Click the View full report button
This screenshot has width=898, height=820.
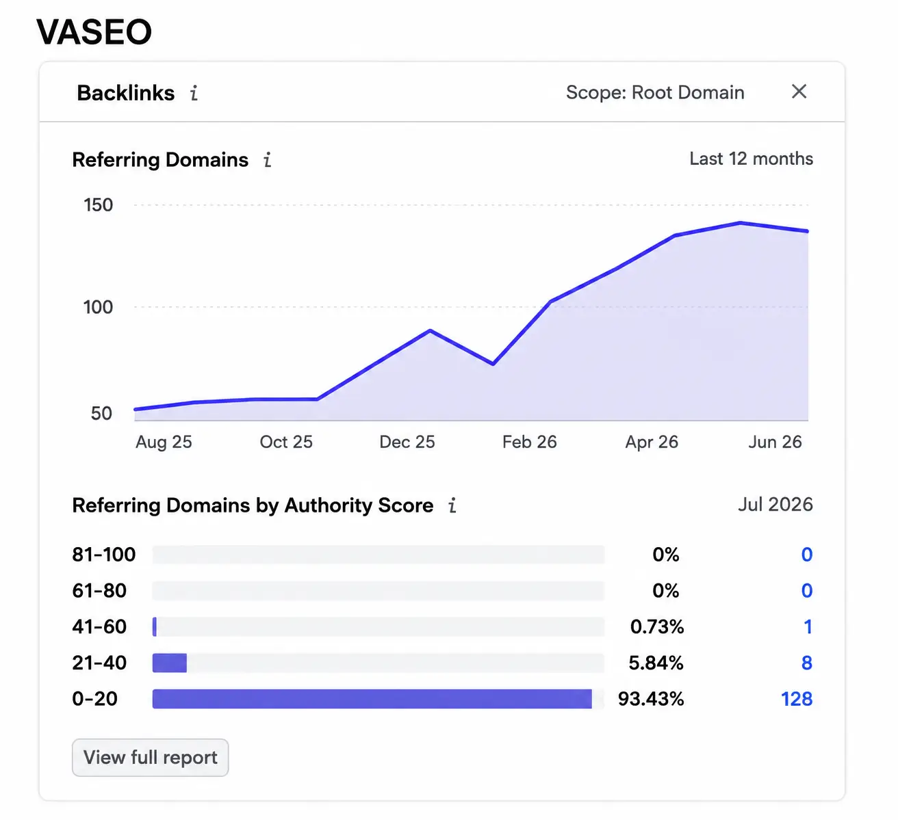[150, 757]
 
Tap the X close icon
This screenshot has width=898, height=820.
[799, 91]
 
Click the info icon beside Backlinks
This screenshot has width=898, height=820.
[194, 93]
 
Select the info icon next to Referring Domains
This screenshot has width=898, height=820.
[267, 160]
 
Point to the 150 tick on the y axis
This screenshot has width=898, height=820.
[98, 205]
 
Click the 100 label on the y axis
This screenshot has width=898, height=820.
[98, 307]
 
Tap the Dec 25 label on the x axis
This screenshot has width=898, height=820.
[407, 442]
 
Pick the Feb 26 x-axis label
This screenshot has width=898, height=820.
[530, 442]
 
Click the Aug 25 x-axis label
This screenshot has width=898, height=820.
[164, 442]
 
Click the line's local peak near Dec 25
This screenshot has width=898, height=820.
[431, 330]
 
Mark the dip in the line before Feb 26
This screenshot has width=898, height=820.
[493, 364]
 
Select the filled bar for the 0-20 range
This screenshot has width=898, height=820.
[372, 699]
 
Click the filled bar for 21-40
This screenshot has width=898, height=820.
[170, 663]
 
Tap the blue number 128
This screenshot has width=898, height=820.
[797, 699]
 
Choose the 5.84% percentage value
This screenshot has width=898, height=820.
[656, 663]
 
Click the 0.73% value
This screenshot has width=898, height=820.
[656, 626]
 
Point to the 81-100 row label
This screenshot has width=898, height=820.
[104, 555]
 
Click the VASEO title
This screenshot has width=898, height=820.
[94, 31]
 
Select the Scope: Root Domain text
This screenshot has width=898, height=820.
[655, 92]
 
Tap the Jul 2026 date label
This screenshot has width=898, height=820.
[775, 505]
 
